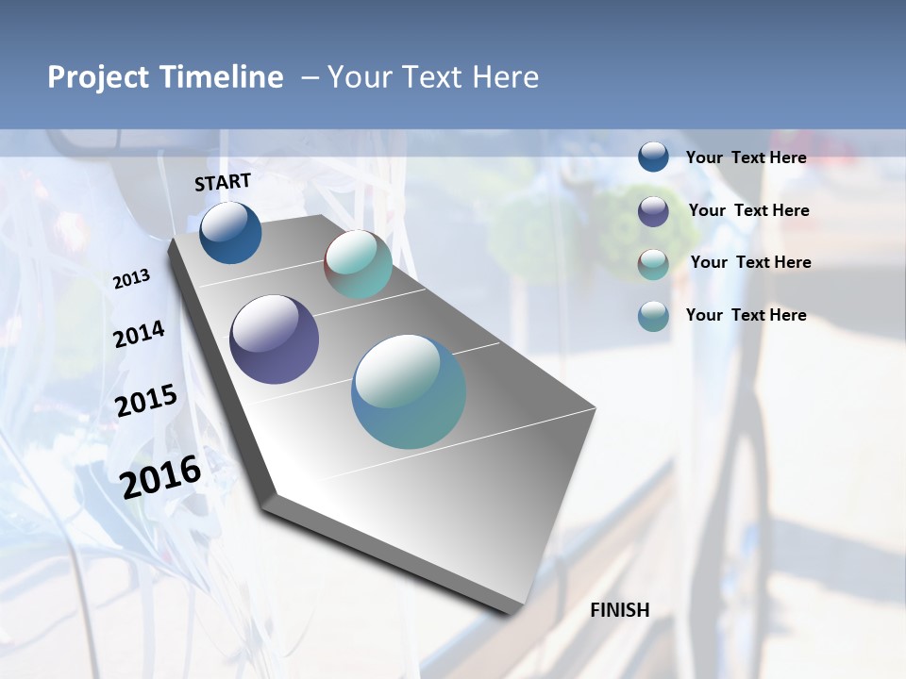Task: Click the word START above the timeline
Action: (223, 182)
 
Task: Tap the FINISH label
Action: (619, 610)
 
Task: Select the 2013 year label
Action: (132, 279)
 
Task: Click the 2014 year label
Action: (139, 335)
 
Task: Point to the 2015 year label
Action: (145, 401)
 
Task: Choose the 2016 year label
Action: (160, 476)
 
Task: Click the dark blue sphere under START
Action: (230, 232)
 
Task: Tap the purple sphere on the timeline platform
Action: (274, 339)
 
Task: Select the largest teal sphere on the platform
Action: (408, 391)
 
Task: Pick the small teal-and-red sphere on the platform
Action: (358, 264)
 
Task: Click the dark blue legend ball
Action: (653, 157)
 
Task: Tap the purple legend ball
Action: (653, 211)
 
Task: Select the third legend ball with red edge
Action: (653, 263)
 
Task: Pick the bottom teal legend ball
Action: (653, 316)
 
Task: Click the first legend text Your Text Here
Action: (746, 157)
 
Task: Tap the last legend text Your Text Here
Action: (746, 315)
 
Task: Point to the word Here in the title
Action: (505, 77)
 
